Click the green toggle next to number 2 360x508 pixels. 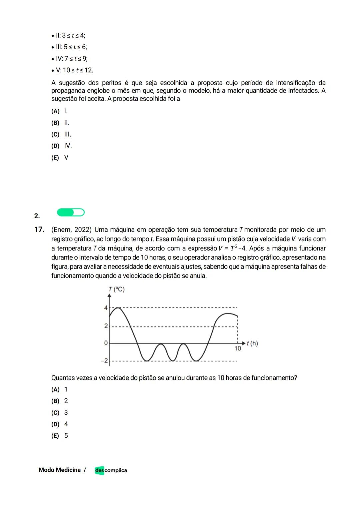coord(71,212)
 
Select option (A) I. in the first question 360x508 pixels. coord(60,111)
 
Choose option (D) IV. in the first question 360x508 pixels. coord(61,146)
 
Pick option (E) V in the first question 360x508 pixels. coord(60,158)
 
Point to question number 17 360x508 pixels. coord(39,230)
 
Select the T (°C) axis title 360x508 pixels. coord(116,289)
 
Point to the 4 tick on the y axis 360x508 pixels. coord(106,308)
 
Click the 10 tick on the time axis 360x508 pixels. coord(237,348)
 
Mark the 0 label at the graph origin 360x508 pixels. coord(106,343)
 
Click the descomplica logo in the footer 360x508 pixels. coord(111,470)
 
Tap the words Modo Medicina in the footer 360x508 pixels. coord(60,470)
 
